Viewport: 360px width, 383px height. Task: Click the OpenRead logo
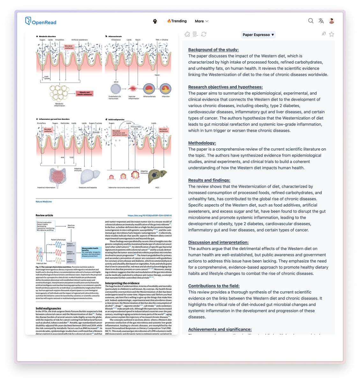tap(40, 21)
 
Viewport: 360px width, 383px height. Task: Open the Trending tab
tap(177, 21)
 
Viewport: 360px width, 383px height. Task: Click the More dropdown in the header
tap(202, 21)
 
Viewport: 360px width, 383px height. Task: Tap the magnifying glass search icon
tap(311, 21)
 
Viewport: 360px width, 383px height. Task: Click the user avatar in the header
tap(332, 21)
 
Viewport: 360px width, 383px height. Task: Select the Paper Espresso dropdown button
tap(258, 35)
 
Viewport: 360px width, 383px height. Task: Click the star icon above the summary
tap(332, 34)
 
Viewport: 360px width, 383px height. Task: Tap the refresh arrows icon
tap(204, 34)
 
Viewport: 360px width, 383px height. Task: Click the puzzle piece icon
tap(187, 34)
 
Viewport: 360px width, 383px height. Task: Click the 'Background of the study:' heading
tap(213, 50)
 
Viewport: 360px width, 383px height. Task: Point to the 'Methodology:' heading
tap(202, 143)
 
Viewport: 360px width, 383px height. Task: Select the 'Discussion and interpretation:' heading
tap(218, 243)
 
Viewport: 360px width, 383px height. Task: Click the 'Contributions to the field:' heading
tap(214, 286)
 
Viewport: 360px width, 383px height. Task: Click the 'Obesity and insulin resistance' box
tap(84, 94)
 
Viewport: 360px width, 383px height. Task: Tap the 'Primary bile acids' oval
tap(136, 128)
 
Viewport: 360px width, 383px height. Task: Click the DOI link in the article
tap(150, 215)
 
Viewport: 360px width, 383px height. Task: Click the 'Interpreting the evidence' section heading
tap(122, 283)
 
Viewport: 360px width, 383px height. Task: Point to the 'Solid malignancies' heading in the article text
tap(48, 308)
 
